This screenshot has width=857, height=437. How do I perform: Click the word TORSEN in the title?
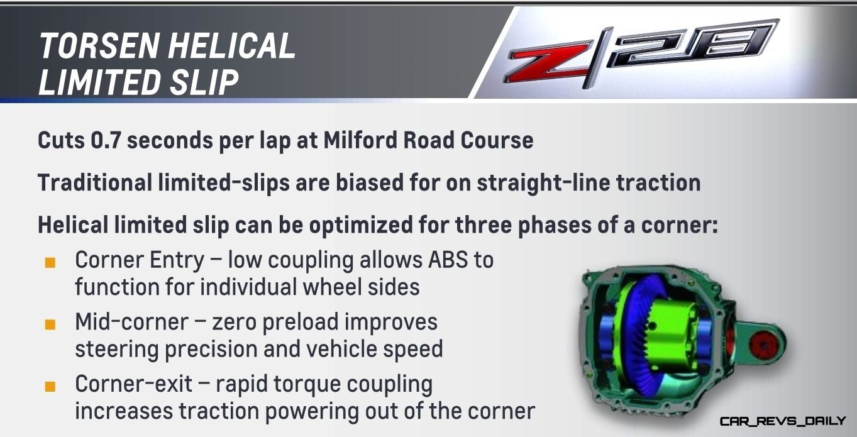[99, 45]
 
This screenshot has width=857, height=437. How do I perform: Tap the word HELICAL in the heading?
[232, 45]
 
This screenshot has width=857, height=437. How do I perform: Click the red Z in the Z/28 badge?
[550, 63]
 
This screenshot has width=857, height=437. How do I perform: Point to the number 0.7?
[106, 140]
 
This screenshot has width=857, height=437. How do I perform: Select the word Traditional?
[95, 182]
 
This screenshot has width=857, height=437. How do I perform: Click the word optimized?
[361, 225]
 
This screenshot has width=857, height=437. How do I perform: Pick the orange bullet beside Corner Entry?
[50, 263]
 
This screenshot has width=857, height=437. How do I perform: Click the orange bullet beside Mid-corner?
[50, 324]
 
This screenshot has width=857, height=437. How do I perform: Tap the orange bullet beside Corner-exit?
[50, 386]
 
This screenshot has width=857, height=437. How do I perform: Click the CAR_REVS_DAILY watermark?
[782, 421]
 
